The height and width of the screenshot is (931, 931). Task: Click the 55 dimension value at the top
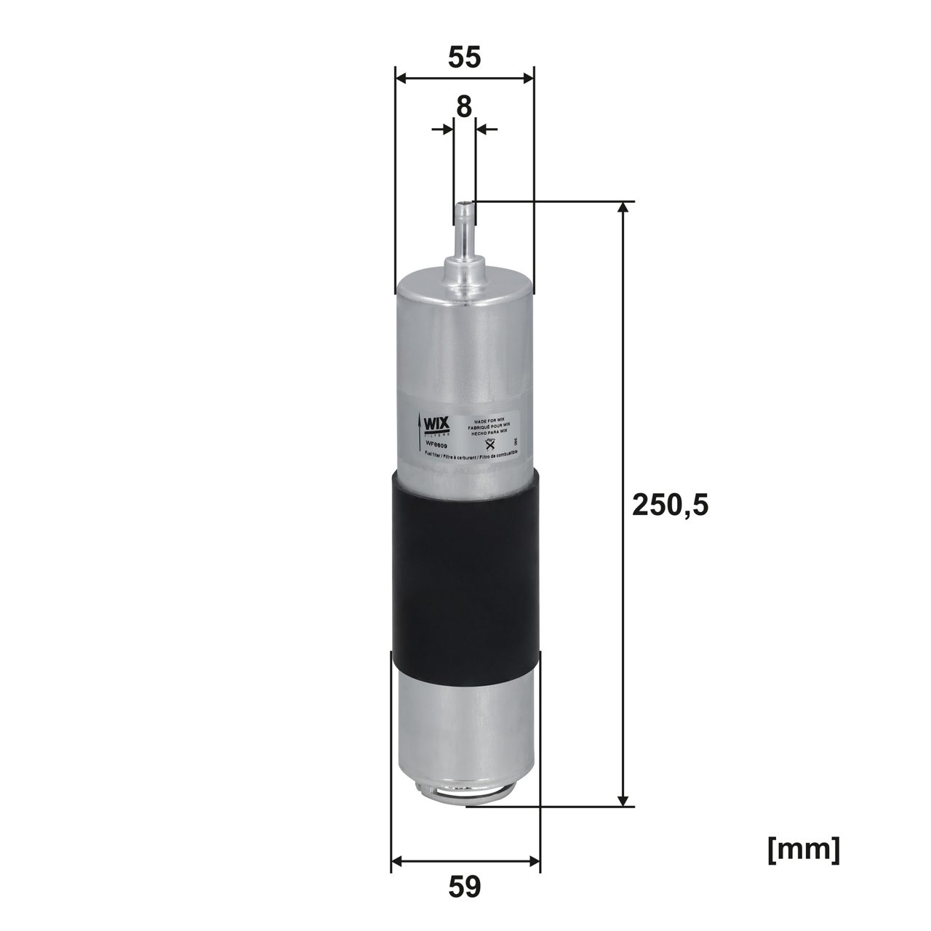[464, 57]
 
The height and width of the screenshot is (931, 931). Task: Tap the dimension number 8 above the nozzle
[464, 107]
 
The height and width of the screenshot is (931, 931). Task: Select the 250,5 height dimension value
[670, 504]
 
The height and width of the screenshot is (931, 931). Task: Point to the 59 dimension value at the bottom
[464, 887]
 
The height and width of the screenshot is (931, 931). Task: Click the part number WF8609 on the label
[436, 445]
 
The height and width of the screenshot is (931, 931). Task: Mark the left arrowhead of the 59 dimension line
[396, 863]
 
